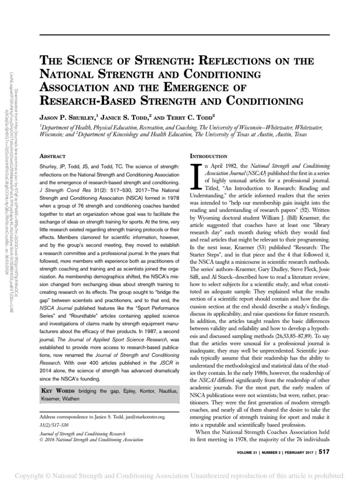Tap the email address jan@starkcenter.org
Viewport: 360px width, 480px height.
pos(149,416)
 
